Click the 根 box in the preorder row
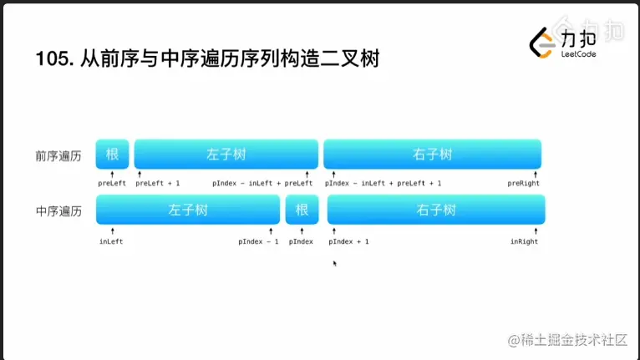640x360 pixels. pyautogui.click(x=112, y=155)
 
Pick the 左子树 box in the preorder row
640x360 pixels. pyautogui.click(x=226, y=155)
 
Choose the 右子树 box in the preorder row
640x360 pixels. pyautogui.click(x=432, y=155)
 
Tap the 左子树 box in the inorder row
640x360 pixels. pyautogui.click(x=187, y=210)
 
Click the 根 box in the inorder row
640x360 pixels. pyautogui.click(x=302, y=210)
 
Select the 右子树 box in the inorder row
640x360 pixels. pyautogui.click(x=435, y=210)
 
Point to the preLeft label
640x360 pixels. pyautogui.click(x=112, y=183)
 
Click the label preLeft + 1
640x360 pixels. pyautogui.click(x=157, y=183)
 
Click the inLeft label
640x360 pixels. pyautogui.click(x=111, y=241)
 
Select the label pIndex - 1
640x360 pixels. pyautogui.click(x=258, y=241)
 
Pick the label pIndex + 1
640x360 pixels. pyautogui.click(x=348, y=241)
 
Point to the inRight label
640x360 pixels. pyautogui.click(x=524, y=241)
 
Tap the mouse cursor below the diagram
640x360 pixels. pyautogui.click(x=335, y=264)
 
